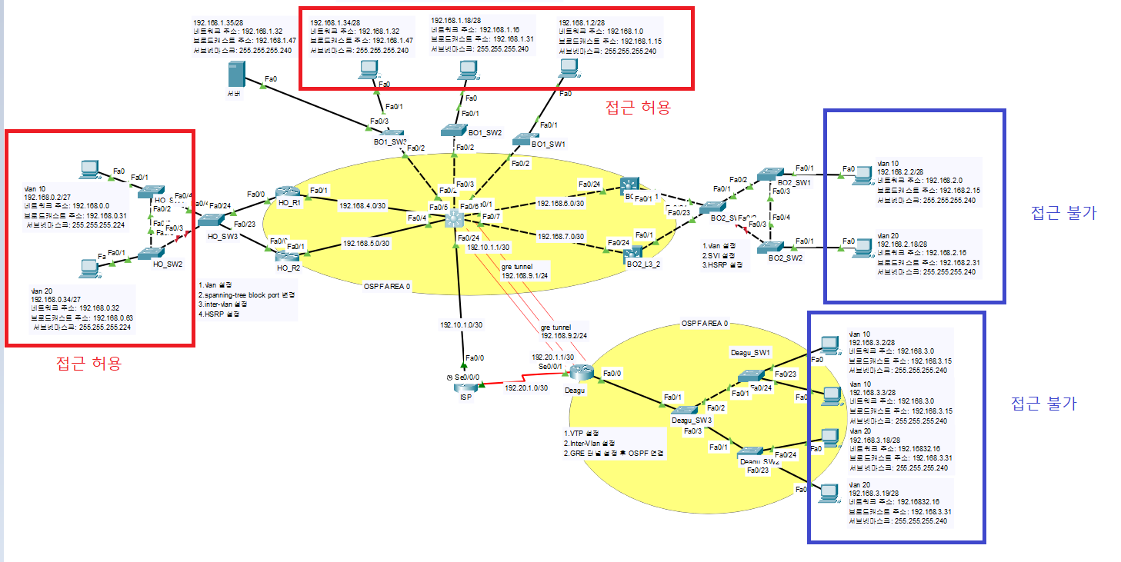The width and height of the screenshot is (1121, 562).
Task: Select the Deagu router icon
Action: [582, 373]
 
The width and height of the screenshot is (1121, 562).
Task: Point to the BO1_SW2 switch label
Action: [485, 132]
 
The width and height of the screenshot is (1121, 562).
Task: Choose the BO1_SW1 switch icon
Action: [525, 139]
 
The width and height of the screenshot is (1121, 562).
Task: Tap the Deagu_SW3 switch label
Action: [689, 420]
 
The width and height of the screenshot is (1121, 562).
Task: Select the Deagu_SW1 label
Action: [751, 352]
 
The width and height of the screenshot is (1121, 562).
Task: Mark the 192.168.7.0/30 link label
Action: [561, 236]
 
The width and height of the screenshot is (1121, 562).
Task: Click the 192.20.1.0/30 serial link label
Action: [527, 388]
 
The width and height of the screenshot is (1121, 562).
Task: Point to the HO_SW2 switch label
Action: [168, 264]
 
